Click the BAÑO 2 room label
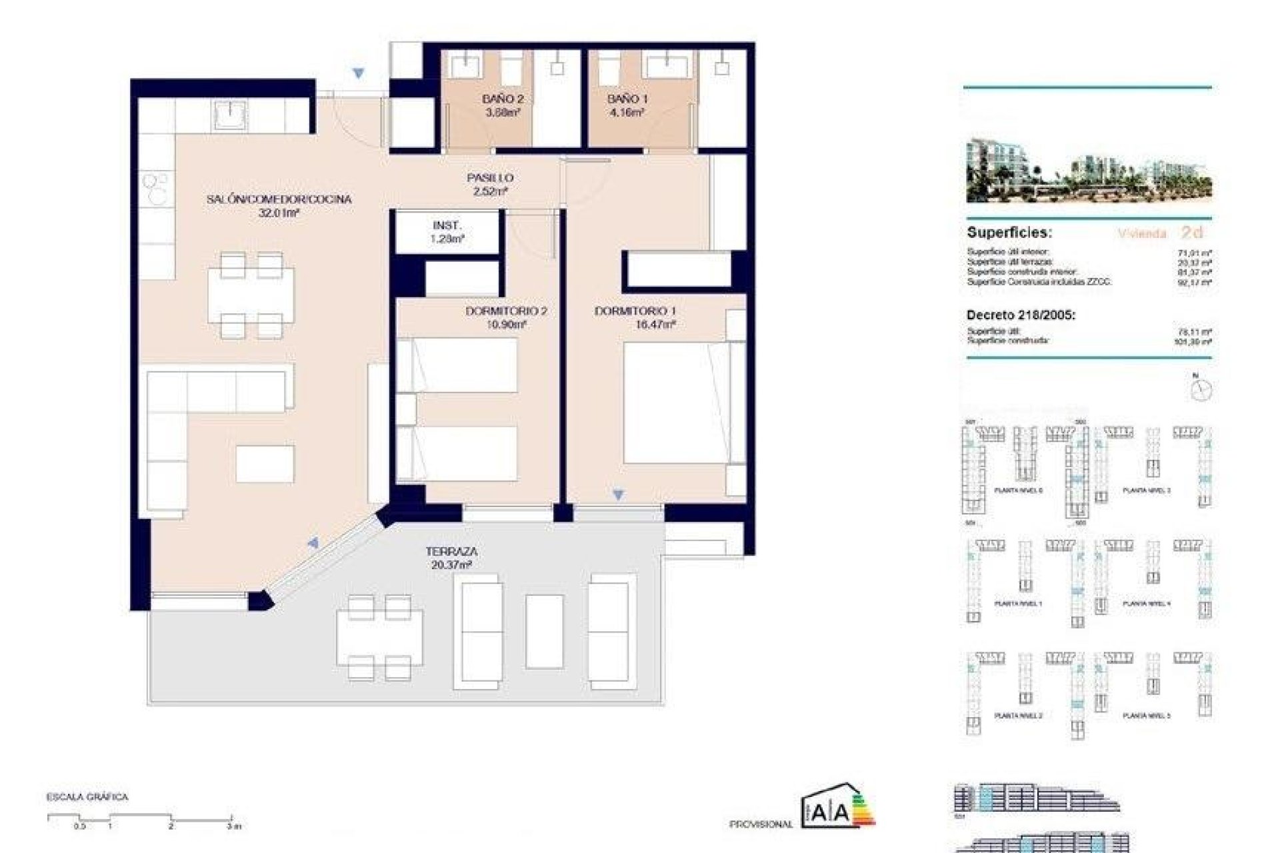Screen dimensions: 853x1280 pos(503,99)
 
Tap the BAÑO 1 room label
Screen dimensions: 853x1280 pos(627,99)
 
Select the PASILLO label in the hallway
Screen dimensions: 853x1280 pos(489,178)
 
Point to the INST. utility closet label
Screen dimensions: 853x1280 pos(447,226)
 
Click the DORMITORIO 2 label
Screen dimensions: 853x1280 pos(506,311)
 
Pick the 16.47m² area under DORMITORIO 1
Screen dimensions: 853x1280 pos(656,325)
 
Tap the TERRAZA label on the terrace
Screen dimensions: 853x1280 pos(451,552)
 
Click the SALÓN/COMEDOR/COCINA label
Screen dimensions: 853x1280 pos(279,199)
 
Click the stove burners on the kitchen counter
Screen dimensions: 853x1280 pos(157,187)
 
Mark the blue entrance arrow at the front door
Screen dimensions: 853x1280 pos(359,74)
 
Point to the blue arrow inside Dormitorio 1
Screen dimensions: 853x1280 pos(619,494)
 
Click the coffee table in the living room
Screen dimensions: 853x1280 pos(265,464)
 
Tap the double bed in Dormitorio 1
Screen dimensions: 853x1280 pos(675,403)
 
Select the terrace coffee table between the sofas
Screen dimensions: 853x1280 pos(545,632)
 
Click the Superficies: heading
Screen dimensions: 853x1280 pos(1009,233)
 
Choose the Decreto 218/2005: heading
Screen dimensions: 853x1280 pos(1021,315)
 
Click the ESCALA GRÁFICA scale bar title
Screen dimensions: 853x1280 pos(87,797)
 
